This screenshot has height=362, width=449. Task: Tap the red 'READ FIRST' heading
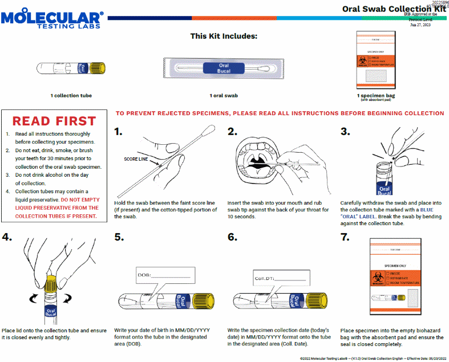pyautogui.click(x=54, y=121)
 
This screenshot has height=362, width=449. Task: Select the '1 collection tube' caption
pyautogui.click(x=71, y=95)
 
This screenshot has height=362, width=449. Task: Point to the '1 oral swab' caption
pyautogui.click(x=224, y=95)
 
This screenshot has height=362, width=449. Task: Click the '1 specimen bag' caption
pyautogui.click(x=376, y=95)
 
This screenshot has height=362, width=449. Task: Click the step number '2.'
pyautogui.click(x=232, y=132)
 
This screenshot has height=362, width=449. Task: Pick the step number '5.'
pyautogui.click(x=119, y=237)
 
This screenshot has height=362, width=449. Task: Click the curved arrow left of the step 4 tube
pyautogui.click(x=33, y=297)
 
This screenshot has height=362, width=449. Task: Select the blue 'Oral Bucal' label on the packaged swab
pyautogui.click(x=224, y=68)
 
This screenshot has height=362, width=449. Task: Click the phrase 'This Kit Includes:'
pyautogui.click(x=224, y=36)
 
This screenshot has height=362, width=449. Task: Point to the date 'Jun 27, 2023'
pyautogui.click(x=420, y=25)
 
